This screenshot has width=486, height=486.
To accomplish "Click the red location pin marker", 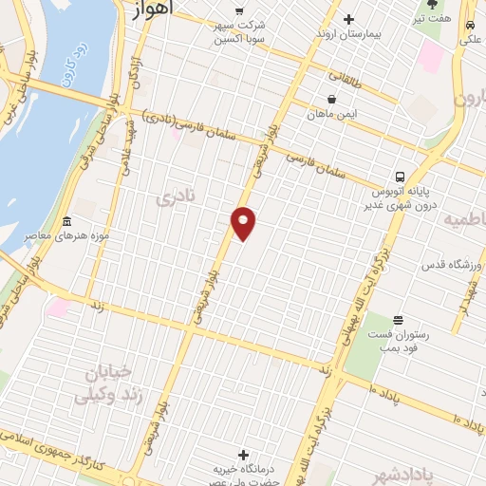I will point(244,222).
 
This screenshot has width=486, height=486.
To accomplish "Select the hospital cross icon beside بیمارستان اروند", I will point(347,19).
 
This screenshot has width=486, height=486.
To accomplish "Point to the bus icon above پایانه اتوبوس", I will point(400,176).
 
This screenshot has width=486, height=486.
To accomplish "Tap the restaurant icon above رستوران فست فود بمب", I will point(398,320).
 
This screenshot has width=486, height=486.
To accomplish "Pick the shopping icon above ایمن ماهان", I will point(330,99).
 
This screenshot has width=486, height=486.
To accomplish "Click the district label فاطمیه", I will point(464,220).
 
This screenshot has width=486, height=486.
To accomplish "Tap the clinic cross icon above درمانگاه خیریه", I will point(245,455).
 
